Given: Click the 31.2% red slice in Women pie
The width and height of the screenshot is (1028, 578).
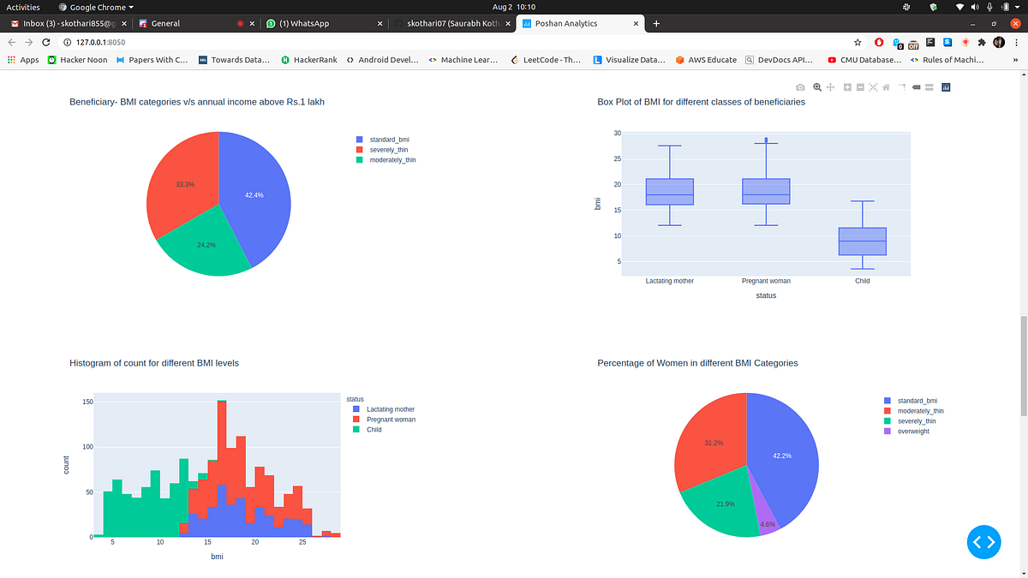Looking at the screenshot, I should click(x=711, y=445).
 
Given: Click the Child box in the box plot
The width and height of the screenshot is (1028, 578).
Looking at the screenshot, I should click(x=862, y=241).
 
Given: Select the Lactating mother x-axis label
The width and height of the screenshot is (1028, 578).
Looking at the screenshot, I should click(x=669, y=281).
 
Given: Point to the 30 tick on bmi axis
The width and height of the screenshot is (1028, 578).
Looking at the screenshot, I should click(x=617, y=134).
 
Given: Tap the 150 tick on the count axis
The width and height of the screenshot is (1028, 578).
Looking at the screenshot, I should click(x=87, y=402).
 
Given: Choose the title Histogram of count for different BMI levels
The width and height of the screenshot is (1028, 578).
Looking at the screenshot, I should click(x=153, y=363).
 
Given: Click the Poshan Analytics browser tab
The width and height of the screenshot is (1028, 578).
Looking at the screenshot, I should click(x=565, y=23).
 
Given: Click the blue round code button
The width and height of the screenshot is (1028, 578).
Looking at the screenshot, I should click(x=983, y=541).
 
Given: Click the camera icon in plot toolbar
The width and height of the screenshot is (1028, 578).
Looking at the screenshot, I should click(x=799, y=87).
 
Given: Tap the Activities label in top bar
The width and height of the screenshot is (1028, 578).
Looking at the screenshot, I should click(x=24, y=6).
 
